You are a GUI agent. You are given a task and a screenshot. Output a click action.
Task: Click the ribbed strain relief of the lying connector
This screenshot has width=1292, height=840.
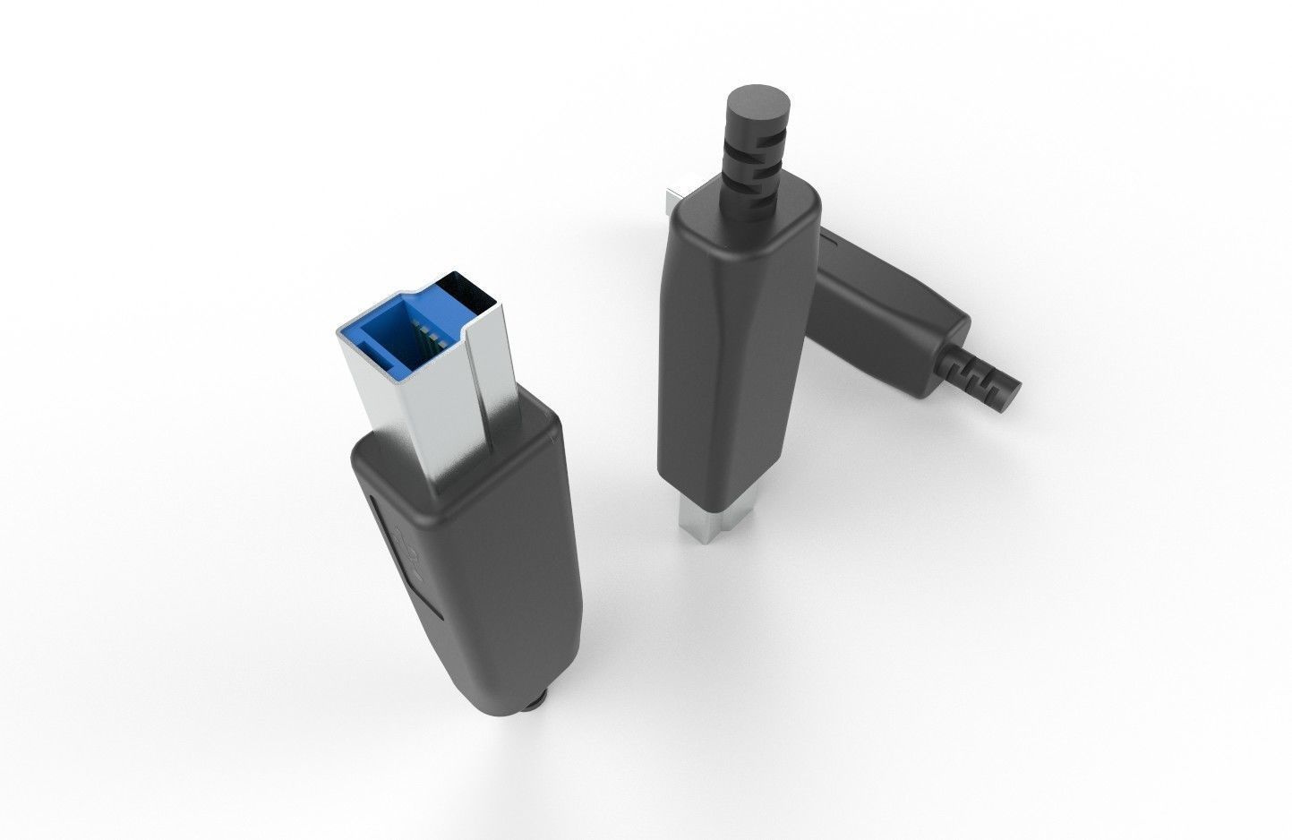(x=980, y=376)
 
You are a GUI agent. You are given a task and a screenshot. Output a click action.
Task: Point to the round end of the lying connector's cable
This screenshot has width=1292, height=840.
(x=1012, y=394)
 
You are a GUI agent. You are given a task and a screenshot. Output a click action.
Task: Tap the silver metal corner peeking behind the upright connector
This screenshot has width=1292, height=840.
(x=674, y=202)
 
